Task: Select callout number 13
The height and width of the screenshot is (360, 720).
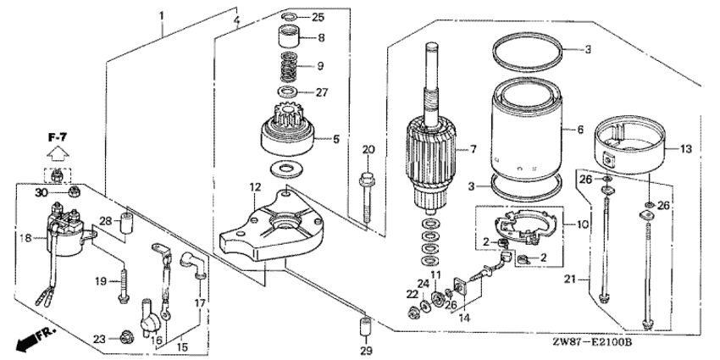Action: (x=686, y=149)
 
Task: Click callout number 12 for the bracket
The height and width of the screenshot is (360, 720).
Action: (x=255, y=186)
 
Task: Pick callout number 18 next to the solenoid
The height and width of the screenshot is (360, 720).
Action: (x=26, y=239)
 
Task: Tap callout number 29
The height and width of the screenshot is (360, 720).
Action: (x=365, y=351)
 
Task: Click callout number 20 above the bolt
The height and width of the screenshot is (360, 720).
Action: (x=368, y=150)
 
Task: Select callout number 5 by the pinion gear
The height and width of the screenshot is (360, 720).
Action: (x=335, y=139)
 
